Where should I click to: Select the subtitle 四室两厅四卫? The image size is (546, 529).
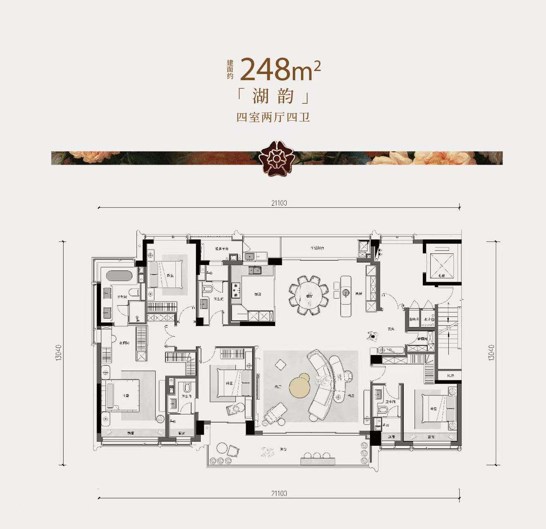pyautogui.click(x=273, y=117)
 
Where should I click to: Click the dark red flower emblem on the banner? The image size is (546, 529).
pyautogui.click(x=273, y=158)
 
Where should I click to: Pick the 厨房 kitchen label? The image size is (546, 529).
pyautogui.click(x=257, y=294)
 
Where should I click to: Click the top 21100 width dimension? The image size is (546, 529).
pyautogui.click(x=279, y=203)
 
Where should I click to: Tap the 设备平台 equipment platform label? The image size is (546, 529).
pyautogui.click(x=222, y=249)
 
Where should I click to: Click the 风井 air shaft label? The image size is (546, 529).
pyautogui.click(x=450, y=376)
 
